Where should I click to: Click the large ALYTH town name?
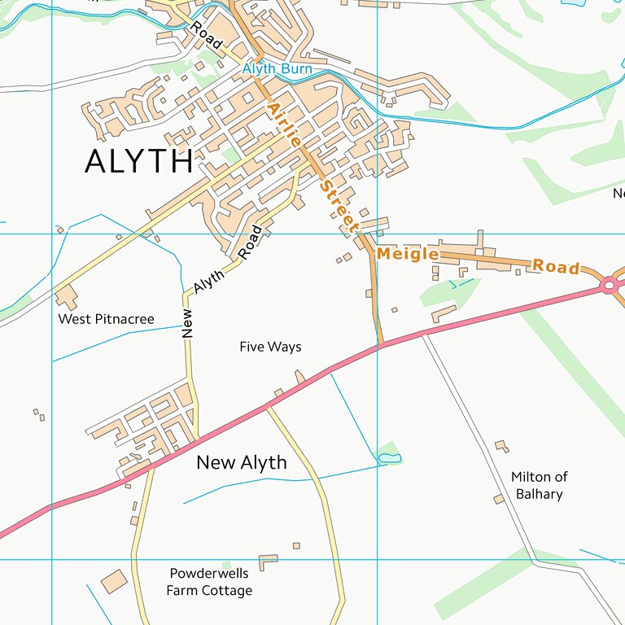pos(138,162)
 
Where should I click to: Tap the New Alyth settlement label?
pos(242,463)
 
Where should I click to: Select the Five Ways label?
pos(270,347)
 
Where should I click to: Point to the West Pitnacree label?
pos(106,319)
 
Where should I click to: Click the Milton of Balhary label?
pos(539,485)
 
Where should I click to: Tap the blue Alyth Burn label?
pos(277,69)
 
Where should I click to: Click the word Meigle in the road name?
pos(407,255)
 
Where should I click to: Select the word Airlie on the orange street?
pos(283,124)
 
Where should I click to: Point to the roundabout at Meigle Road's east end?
pos(609,285)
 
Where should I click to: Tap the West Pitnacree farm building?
pos(66,297)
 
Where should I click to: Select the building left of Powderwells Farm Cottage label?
pos(113,582)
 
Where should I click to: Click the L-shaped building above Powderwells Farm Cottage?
pos(267,562)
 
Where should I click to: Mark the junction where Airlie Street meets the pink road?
pos(380,346)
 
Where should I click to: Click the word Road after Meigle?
pos(556,267)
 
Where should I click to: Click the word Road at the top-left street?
pos(206,37)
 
